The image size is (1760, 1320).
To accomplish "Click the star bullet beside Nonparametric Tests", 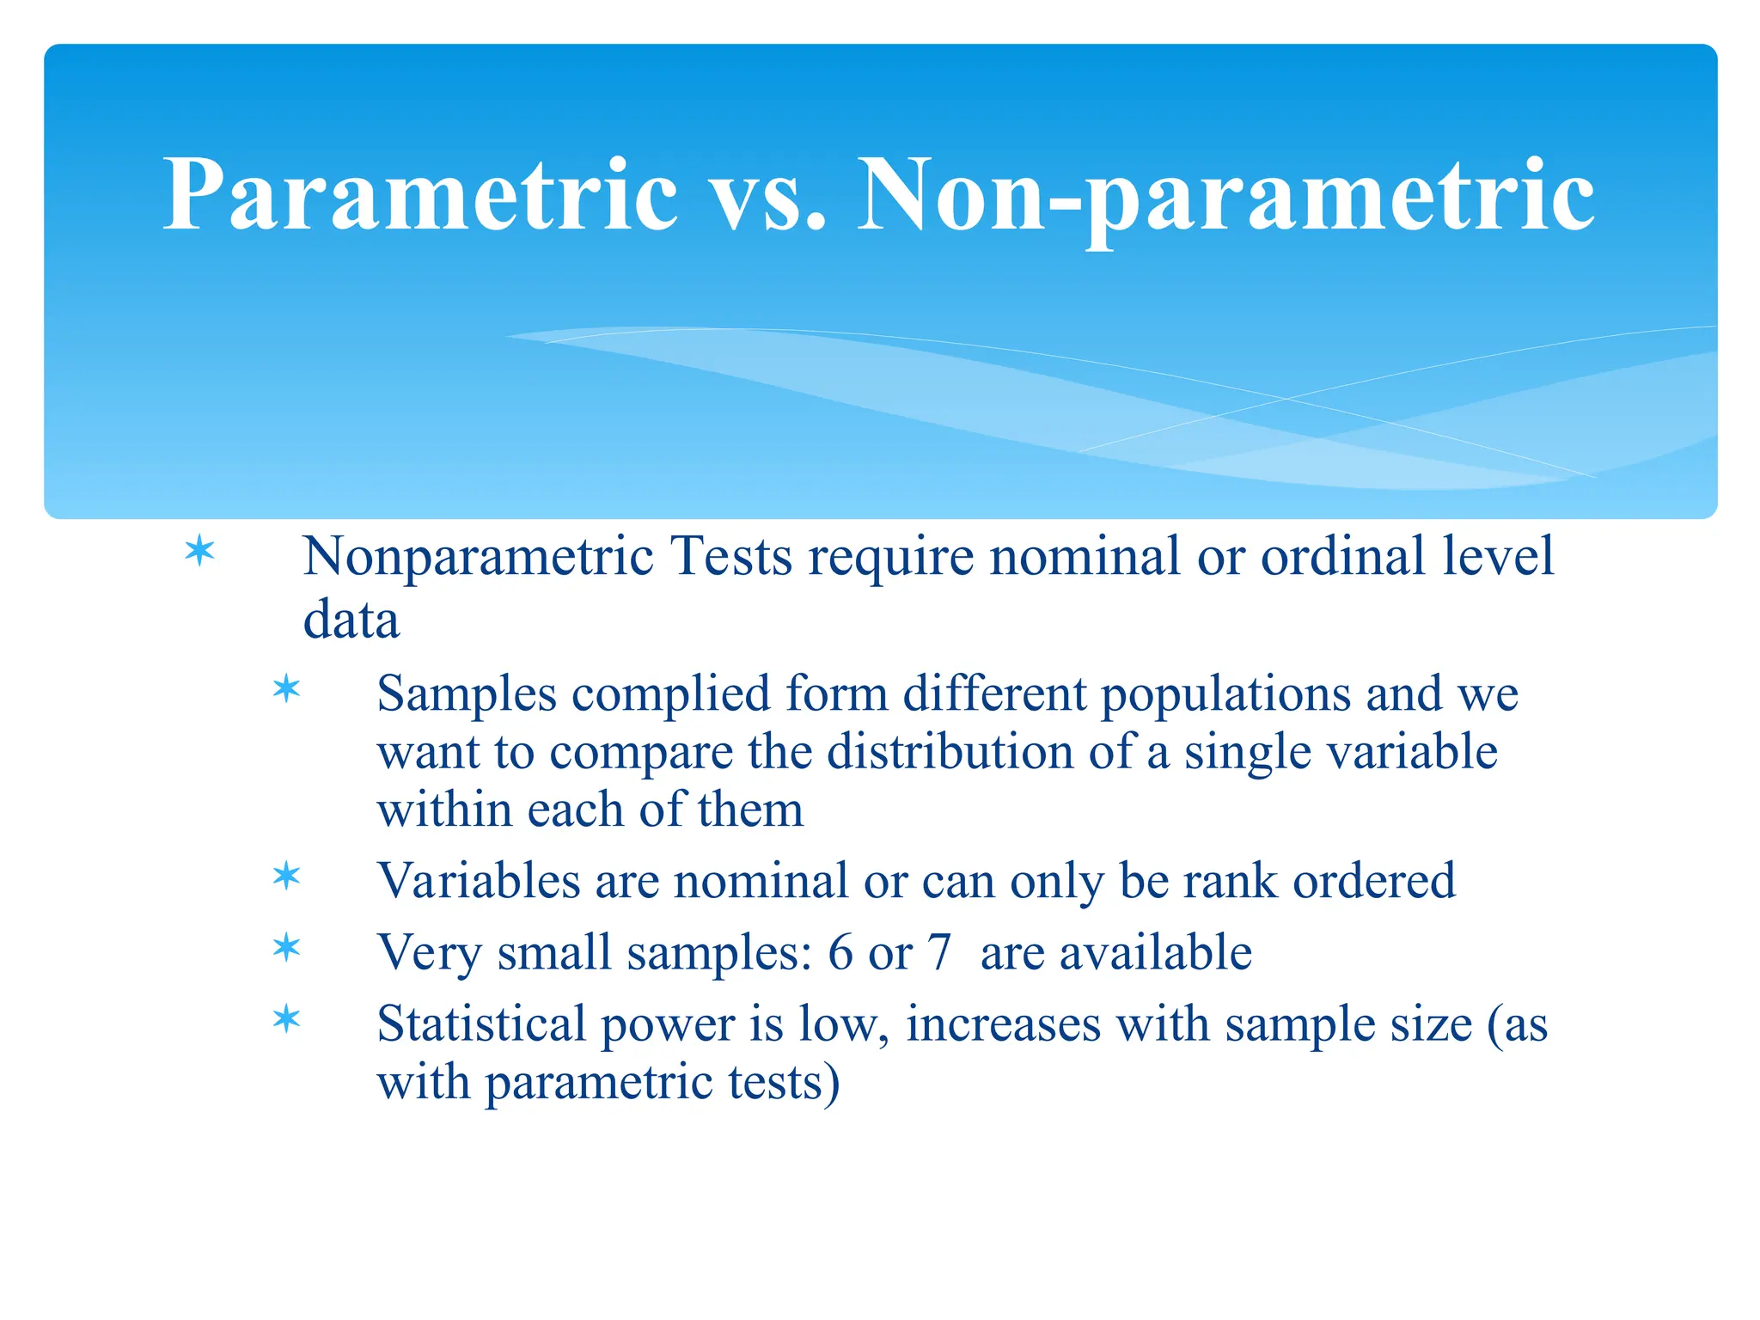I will coord(199,551).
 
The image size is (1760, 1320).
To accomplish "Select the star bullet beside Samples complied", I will coord(286,689).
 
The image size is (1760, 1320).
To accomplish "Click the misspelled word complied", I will coord(671,694).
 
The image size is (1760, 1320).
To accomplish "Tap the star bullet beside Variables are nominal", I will coord(286,877).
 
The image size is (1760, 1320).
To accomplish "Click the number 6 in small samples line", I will coord(840,952).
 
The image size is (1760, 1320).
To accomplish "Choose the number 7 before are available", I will coord(939,952).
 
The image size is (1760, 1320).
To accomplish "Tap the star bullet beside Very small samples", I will coord(286,949).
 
